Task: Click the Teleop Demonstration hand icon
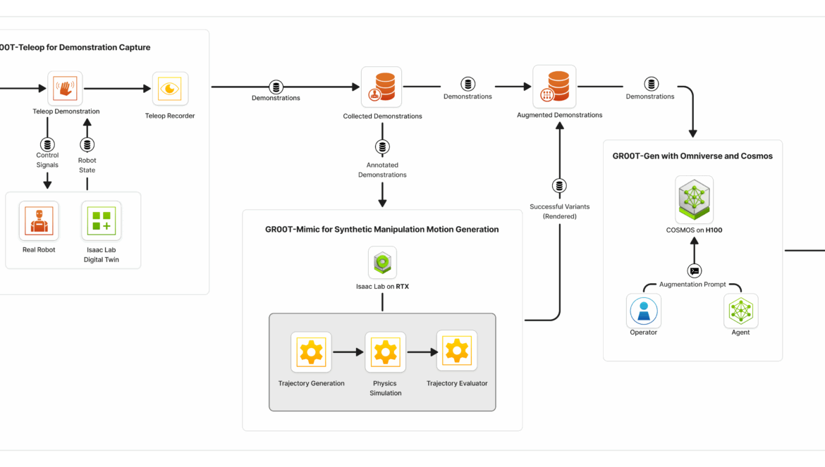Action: click(66, 89)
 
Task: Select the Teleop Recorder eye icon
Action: click(170, 89)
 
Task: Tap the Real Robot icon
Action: click(39, 220)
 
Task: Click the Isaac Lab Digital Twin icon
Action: click(102, 220)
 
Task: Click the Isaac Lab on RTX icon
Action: click(382, 263)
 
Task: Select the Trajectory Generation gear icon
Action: click(311, 352)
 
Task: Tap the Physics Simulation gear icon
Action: click(386, 352)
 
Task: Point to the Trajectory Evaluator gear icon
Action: click(457, 350)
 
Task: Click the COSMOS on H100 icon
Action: click(694, 199)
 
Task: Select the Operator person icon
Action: click(643, 311)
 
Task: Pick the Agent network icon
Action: click(741, 311)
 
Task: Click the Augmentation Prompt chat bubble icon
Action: click(695, 271)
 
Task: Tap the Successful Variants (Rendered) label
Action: click(559, 211)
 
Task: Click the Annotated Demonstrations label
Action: click(382, 170)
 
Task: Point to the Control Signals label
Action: click(47, 160)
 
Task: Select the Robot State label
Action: click(87, 165)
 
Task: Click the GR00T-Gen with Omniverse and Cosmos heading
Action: click(692, 156)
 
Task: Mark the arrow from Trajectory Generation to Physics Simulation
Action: click(348, 352)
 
